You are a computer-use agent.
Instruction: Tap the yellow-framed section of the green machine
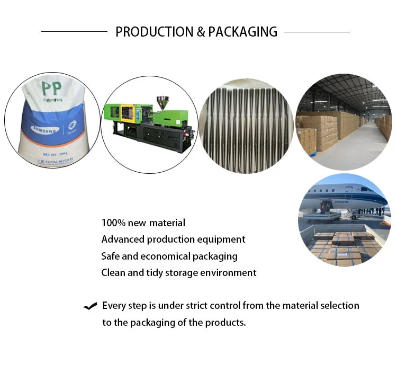pyautogui.click(x=127, y=112)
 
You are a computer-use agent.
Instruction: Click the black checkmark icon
pyautogui.click(x=90, y=306)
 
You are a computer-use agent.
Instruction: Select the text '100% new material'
pyautogui.click(x=143, y=223)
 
